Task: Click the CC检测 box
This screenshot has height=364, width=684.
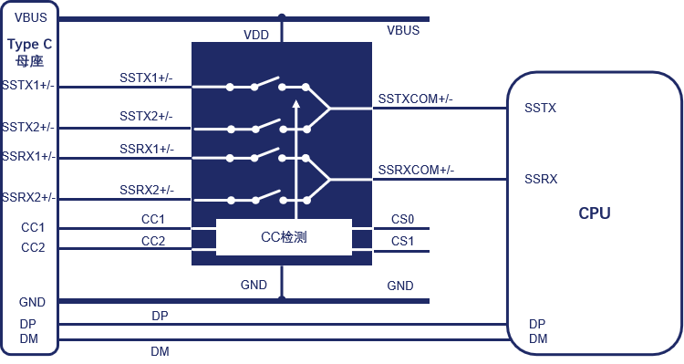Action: coord(284,237)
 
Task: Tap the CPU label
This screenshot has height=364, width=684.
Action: coord(594,213)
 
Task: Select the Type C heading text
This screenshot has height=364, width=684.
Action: coord(30,44)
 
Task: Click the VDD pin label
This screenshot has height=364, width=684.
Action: coord(256,35)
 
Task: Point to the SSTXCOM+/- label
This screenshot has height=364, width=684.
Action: coord(415,99)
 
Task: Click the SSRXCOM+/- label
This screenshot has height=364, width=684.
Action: coord(416,170)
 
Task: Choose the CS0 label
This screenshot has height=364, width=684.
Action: coord(402,219)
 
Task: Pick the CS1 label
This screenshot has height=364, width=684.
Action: coord(402,241)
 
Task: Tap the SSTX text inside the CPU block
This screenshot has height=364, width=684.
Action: coord(541,108)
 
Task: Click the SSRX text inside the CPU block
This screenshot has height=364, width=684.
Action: coord(541,179)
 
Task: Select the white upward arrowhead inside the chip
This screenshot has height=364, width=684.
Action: coord(296,103)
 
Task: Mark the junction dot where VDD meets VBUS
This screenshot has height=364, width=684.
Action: coord(282,17)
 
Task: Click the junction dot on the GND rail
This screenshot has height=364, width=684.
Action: coord(282,299)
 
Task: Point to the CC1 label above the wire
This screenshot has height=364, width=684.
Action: coord(152,219)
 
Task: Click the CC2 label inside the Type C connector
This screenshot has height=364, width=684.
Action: coord(33,247)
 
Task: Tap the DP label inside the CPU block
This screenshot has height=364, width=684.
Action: coord(537,324)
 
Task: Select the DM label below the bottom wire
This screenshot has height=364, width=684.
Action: coord(160,351)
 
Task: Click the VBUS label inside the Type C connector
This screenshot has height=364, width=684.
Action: coord(30,17)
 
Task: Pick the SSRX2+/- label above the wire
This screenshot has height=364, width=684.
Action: coord(147,191)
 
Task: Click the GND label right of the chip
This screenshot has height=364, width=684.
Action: coord(400,286)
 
